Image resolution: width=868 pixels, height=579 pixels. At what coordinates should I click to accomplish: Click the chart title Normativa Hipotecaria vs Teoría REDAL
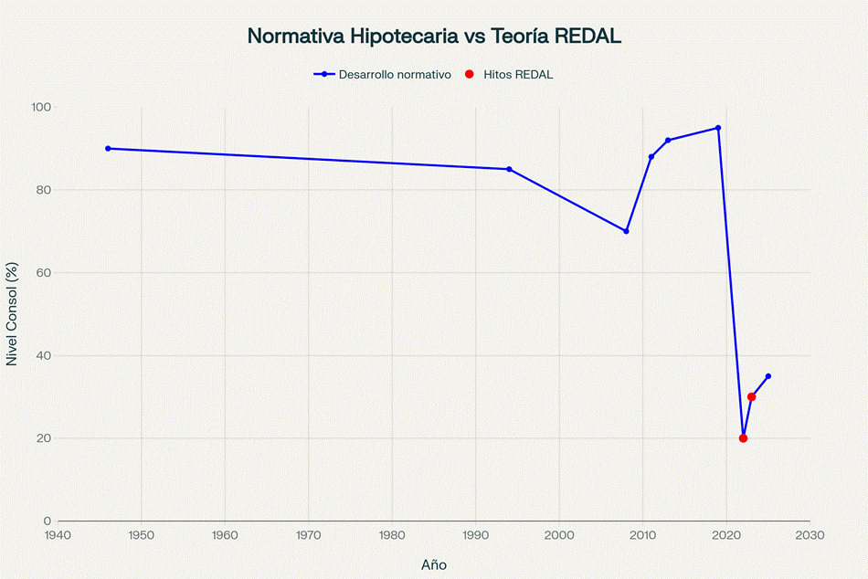(x=434, y=37)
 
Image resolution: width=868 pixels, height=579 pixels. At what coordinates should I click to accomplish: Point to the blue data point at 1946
(x=108, y=148)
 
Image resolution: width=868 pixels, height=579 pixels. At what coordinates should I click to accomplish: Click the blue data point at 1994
(x=509, y=169)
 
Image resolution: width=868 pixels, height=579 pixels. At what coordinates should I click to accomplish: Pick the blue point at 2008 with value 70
(x=626, y=231)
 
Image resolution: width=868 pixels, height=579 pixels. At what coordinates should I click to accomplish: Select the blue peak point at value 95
(x=718, y=128)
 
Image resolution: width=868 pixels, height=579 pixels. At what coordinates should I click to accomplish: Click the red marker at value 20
(x=743, y=438)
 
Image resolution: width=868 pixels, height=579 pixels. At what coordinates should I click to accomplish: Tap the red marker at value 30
(x=751, y=396)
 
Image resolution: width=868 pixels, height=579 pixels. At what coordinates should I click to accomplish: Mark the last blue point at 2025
(x=768, y=376)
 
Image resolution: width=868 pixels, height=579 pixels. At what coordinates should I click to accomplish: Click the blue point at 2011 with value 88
(x=651, y=157)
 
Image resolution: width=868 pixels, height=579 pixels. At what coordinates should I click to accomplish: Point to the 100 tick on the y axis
(x=40, y=107)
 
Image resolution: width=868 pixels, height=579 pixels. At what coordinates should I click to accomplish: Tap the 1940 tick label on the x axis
(x=58, y=535)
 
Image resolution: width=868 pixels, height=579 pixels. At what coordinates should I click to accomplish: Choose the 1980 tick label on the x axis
(x=392, y=535)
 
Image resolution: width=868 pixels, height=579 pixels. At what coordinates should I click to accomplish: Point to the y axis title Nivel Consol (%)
(x=13, y=314)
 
